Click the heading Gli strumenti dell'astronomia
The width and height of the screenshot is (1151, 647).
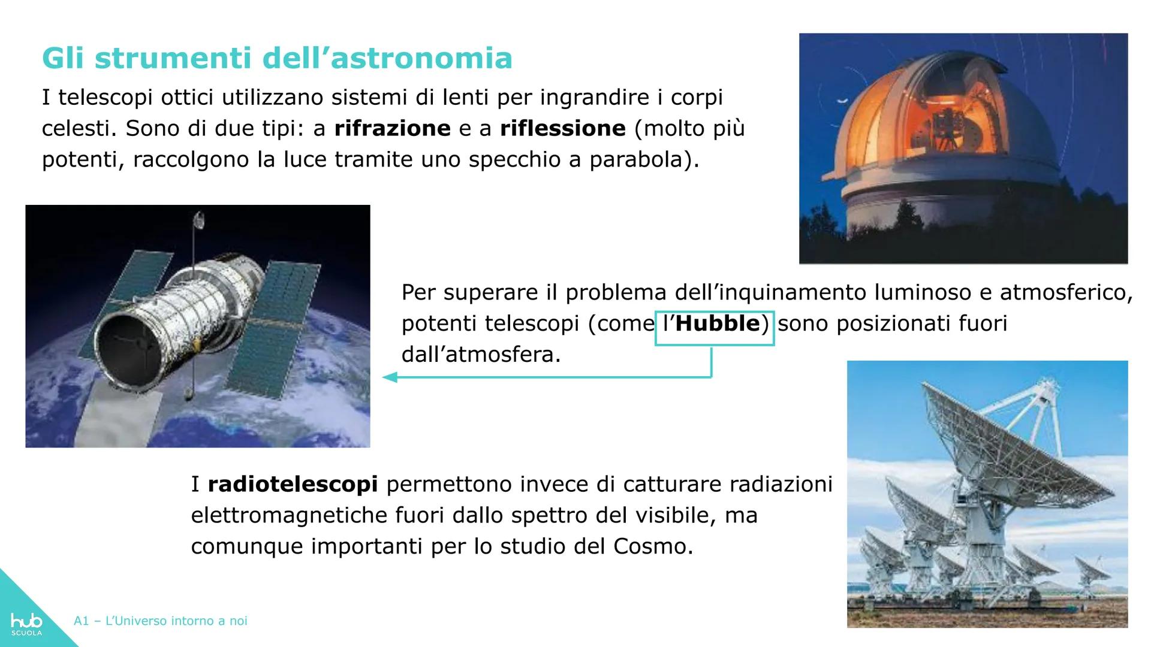point(277,59)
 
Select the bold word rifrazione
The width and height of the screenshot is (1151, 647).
point(392,128)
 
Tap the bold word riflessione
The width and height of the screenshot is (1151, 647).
point(562,128)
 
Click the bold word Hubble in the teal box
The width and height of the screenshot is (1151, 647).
point(717,324)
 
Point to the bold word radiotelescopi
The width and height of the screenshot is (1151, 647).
point(293,484)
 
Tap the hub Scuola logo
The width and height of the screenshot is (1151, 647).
point(26,622)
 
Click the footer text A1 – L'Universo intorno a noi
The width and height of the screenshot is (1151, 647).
point(161,621)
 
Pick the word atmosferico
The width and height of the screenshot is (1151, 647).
point(1066,292)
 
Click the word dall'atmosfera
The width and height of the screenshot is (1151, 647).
point(481,355)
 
